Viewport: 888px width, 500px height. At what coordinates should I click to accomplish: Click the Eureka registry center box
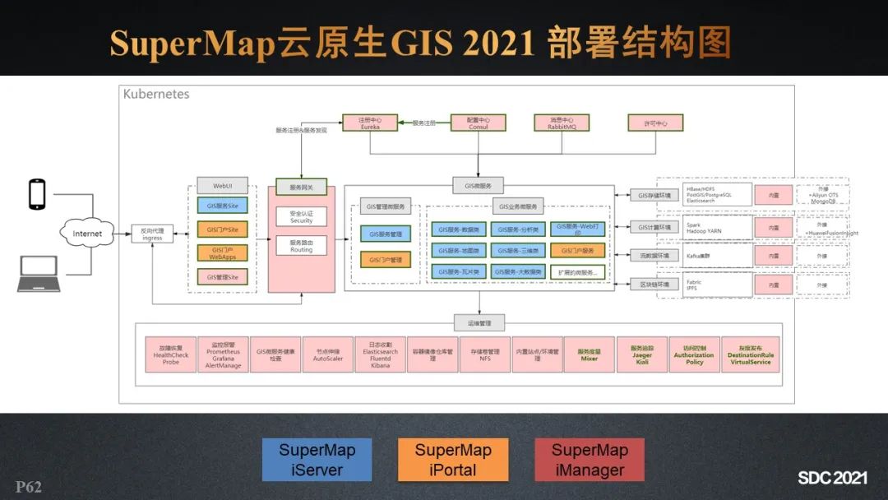click(370, 123)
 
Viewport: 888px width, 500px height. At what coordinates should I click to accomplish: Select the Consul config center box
click(478, 123)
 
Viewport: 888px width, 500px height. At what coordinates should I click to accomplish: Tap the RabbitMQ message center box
click(566, 123)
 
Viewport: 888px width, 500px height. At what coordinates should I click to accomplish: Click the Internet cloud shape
click(88, 234)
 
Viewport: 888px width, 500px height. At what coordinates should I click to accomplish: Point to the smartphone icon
click(37, 193)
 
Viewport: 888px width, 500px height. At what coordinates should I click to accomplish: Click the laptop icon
click(39, 275)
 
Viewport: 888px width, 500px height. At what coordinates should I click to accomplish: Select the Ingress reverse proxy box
click(152, 234)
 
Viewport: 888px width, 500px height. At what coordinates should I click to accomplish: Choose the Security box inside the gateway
click(301, 216)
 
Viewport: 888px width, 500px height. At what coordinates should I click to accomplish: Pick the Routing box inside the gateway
click(301, 246)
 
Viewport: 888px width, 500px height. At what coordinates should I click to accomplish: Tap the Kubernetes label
click(156, 94)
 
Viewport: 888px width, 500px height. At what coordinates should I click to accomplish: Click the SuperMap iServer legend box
click(317, 461)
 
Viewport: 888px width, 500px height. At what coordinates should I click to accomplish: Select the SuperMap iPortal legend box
click(453, 461)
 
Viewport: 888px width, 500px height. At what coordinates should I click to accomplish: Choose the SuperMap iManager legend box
click(589, 461)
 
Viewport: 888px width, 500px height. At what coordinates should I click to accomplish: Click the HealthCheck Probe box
click(171, 354)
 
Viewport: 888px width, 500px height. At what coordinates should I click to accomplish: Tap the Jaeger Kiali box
click(642, 354)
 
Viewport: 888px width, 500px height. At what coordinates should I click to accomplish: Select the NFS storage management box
click(484, 354)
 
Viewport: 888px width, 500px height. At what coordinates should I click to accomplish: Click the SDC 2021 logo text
click(832, 478)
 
